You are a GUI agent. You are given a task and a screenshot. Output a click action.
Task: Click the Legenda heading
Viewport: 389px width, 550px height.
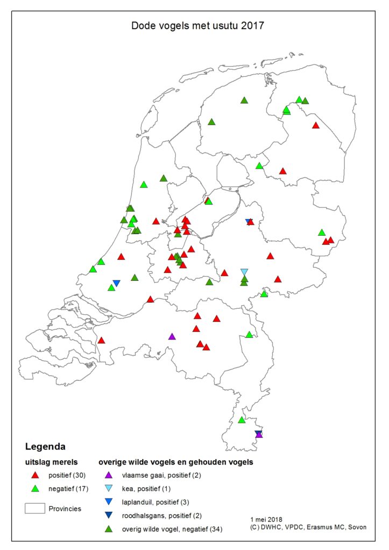click(x=45, y=446)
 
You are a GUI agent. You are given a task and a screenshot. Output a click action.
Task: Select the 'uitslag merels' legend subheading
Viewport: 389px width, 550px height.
click(x=53, y=461)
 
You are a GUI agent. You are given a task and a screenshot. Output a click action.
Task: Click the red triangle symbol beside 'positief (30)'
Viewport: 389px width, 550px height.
click(x=36, y=475)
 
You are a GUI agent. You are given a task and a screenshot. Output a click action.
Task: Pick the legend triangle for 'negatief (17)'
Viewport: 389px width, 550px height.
click(x=36, y=488)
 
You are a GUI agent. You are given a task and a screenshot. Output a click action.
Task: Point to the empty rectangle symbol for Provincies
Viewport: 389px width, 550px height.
click(x=34, y=508)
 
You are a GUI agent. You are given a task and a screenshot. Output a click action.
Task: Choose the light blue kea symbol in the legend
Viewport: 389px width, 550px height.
click(x=108, y=489)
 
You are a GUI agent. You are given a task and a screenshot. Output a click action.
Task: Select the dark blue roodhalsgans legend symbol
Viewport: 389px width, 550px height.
click(x=108, y=516)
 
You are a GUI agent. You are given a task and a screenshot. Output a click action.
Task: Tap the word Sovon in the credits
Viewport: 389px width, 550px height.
click(x=355, y=527)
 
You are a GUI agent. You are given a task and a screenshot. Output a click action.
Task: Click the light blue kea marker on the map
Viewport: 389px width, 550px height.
click(x=244, y=272)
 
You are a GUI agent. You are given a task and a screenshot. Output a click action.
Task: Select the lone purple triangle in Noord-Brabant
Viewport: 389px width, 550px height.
click(x=172, y=337)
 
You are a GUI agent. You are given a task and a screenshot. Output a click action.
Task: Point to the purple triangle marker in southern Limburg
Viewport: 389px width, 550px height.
click(x=259, y=435)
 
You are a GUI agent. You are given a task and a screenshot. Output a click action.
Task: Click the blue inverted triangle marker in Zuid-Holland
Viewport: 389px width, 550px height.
click(x=116, y=283)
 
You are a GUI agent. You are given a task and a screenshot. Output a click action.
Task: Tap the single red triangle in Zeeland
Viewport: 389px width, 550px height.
click(x=101, y=340)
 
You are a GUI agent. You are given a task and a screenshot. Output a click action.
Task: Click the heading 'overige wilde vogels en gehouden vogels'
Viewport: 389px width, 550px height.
click(x=176, y=461)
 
